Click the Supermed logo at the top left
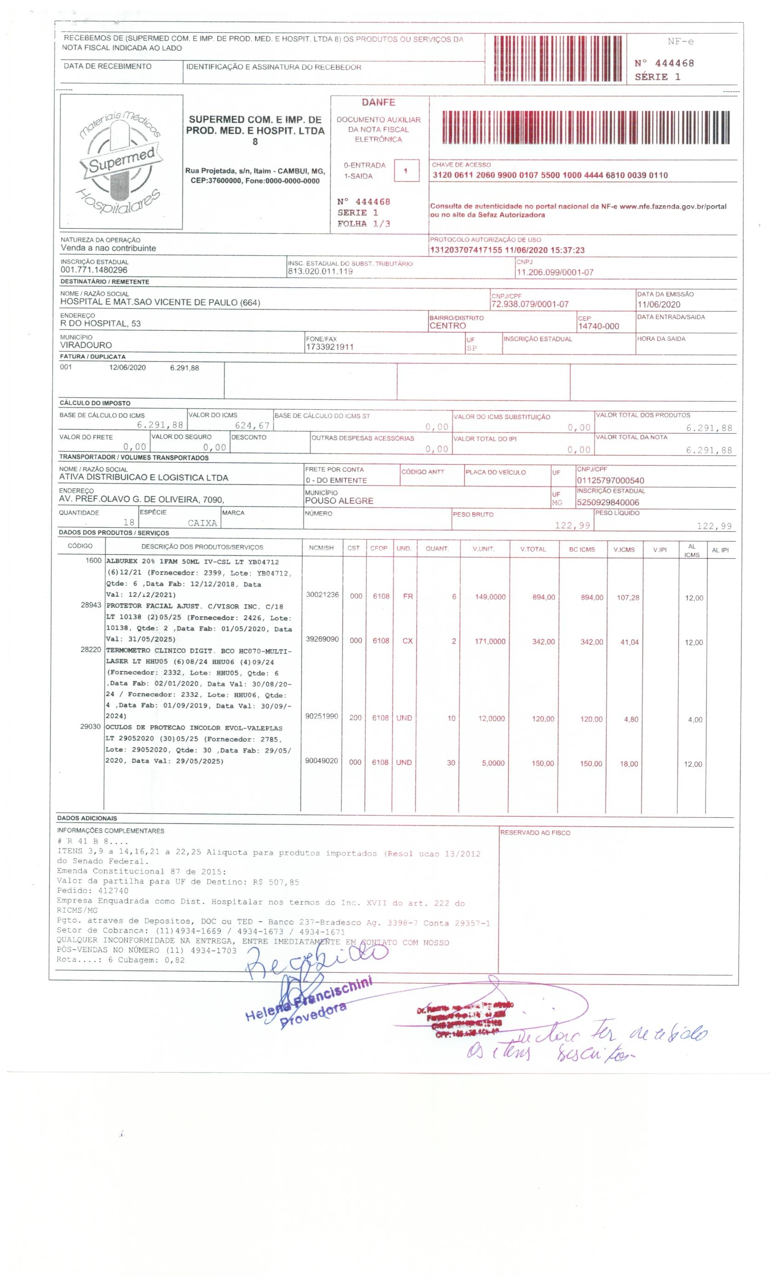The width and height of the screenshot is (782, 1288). [x=121, y=161]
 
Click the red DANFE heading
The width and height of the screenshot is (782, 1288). [x=378, y=103]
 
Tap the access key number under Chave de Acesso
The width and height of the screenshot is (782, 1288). [x=550, y=175]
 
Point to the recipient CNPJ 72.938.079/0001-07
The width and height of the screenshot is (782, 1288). [x=529, y=304]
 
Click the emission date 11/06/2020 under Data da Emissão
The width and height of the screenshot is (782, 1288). [x=658, y=304]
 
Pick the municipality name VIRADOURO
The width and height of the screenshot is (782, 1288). [x=86, y=345]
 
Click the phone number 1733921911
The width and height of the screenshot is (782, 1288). [x=329, y=347]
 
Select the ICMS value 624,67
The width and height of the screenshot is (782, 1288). [x=252, y=425]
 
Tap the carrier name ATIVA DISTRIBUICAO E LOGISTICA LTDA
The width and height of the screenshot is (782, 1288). [x=143, y=477]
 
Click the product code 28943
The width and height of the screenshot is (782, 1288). [x=91, y=605]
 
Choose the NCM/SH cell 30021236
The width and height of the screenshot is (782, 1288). [x=322, y=595]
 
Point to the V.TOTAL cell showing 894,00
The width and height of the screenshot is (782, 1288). [x=543, y=597]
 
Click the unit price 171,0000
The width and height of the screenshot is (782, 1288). [x=490, y=641]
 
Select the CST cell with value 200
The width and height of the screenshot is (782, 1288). [x=355, y=718]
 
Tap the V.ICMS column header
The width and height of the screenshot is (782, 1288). [x=624, y=549]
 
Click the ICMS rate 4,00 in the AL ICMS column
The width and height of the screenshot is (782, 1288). [x=694, y=720]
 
